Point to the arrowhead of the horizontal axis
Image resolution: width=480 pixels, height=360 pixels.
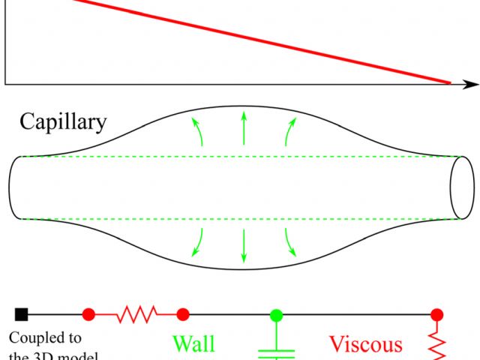472,82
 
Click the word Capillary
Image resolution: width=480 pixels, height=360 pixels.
64,121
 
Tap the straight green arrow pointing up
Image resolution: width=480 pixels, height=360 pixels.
242,128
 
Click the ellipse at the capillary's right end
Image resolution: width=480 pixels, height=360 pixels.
461,187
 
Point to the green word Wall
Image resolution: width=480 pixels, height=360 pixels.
193,344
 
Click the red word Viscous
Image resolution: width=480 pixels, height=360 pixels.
366,344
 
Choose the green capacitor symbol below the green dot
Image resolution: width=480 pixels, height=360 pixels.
275,351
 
